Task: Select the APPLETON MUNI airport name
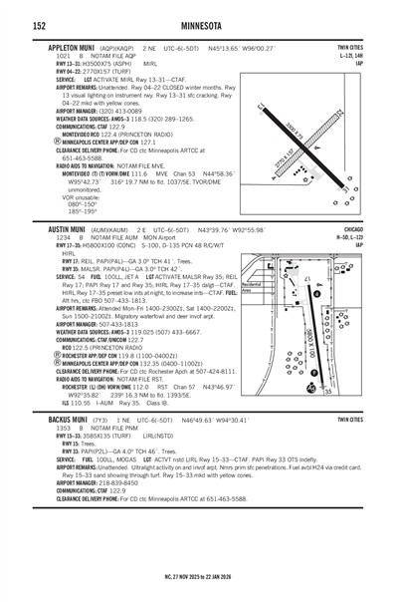[x=69, y=47]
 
